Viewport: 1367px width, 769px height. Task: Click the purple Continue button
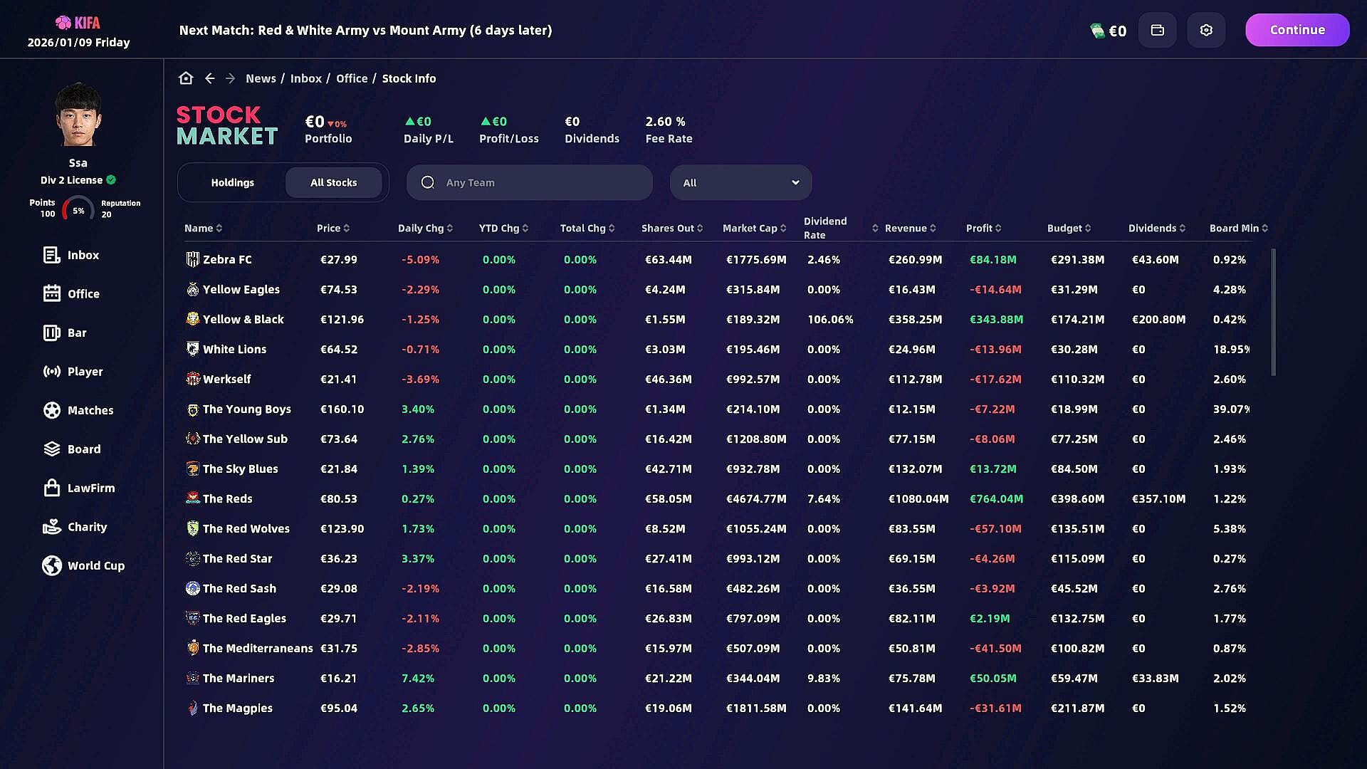pos(1297,30)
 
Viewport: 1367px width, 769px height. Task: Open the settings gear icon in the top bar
pos(1206,30)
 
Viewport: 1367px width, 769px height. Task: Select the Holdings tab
pos(232,182)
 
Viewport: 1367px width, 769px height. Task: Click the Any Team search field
pos(529,182)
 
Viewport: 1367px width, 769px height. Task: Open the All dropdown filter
pos(740,182)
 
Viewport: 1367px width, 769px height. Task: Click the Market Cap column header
pos(754,228)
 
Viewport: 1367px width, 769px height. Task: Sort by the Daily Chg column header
pos(425,228)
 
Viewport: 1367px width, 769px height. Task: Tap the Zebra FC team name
pos(227,259)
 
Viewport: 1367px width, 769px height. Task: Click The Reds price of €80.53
pos(339,498)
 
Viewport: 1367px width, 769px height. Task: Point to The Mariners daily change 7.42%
pos(418,678)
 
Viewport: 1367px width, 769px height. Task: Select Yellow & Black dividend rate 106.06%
pos(830,319)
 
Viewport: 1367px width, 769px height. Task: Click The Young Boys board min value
pos(1231,409)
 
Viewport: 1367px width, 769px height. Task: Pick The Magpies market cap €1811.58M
pos(756,708)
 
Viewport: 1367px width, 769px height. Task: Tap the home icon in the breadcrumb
pos(186,78)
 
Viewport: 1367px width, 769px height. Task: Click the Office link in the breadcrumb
pos(352,78)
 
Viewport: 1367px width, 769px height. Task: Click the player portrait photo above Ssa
pos(78,115)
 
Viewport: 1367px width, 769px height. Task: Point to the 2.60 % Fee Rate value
pos(665,122)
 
